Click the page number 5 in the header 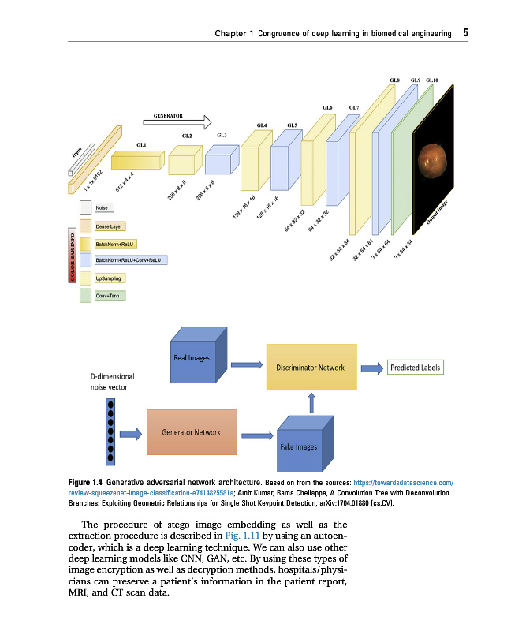tap(466, 33)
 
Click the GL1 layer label tap(142, 145)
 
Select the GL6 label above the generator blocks tap(327, 107)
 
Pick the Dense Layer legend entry tap(107, 226)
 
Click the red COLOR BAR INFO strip tap(73, 253)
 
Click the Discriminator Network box tap(310, 367)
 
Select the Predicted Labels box tap(416, 368)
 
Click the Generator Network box tap(192, 431)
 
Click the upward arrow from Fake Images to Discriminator tap(312, 402)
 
